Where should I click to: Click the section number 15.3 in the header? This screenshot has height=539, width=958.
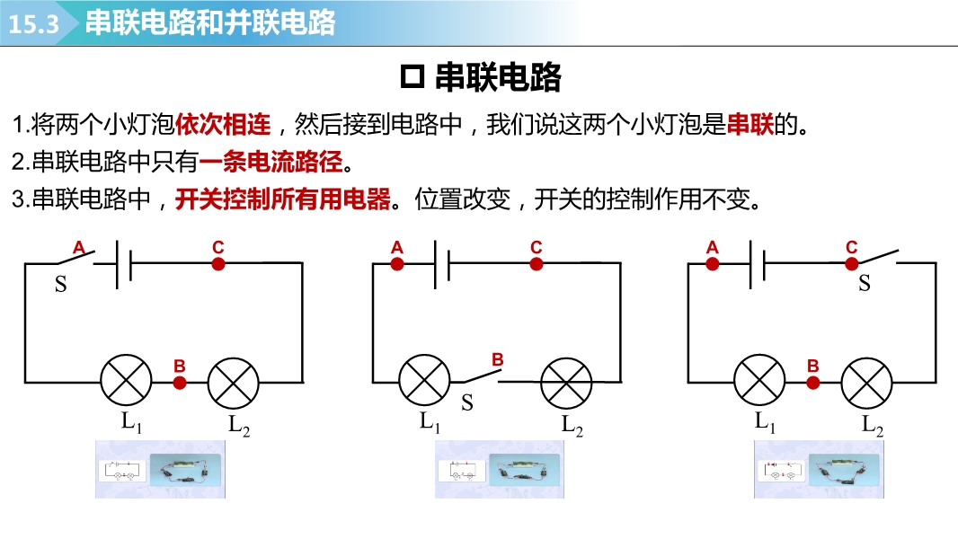tap(33, 24)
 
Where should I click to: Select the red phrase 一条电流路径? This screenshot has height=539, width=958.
tap(271, 163)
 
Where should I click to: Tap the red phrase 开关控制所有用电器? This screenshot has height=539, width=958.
tap(283, 199)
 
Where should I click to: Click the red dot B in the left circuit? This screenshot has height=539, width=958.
tap(180, 383)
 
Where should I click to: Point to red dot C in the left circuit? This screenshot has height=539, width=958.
tap(217, 263)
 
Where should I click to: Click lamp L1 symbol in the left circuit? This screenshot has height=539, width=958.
tap(125, 381)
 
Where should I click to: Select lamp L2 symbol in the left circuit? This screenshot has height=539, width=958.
tap(234, 382)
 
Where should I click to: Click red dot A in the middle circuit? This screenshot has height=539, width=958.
tap(397, 263)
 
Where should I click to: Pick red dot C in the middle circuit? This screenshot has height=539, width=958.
tap(537, 263)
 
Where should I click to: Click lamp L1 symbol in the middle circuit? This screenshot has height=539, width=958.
tap(424, 381)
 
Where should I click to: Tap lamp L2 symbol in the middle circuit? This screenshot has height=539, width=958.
tap(565, 383)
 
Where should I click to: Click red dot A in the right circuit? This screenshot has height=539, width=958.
tap(713, 263)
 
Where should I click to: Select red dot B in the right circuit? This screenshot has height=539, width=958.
tap(813, 382)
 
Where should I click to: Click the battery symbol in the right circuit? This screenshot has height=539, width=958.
tap(757, 264)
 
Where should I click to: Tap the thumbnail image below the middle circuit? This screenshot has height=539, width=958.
tap(499, 470)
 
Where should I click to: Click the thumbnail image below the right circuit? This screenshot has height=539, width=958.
tap(817, 470)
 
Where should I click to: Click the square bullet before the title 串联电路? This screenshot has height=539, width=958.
tap(412, 77)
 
